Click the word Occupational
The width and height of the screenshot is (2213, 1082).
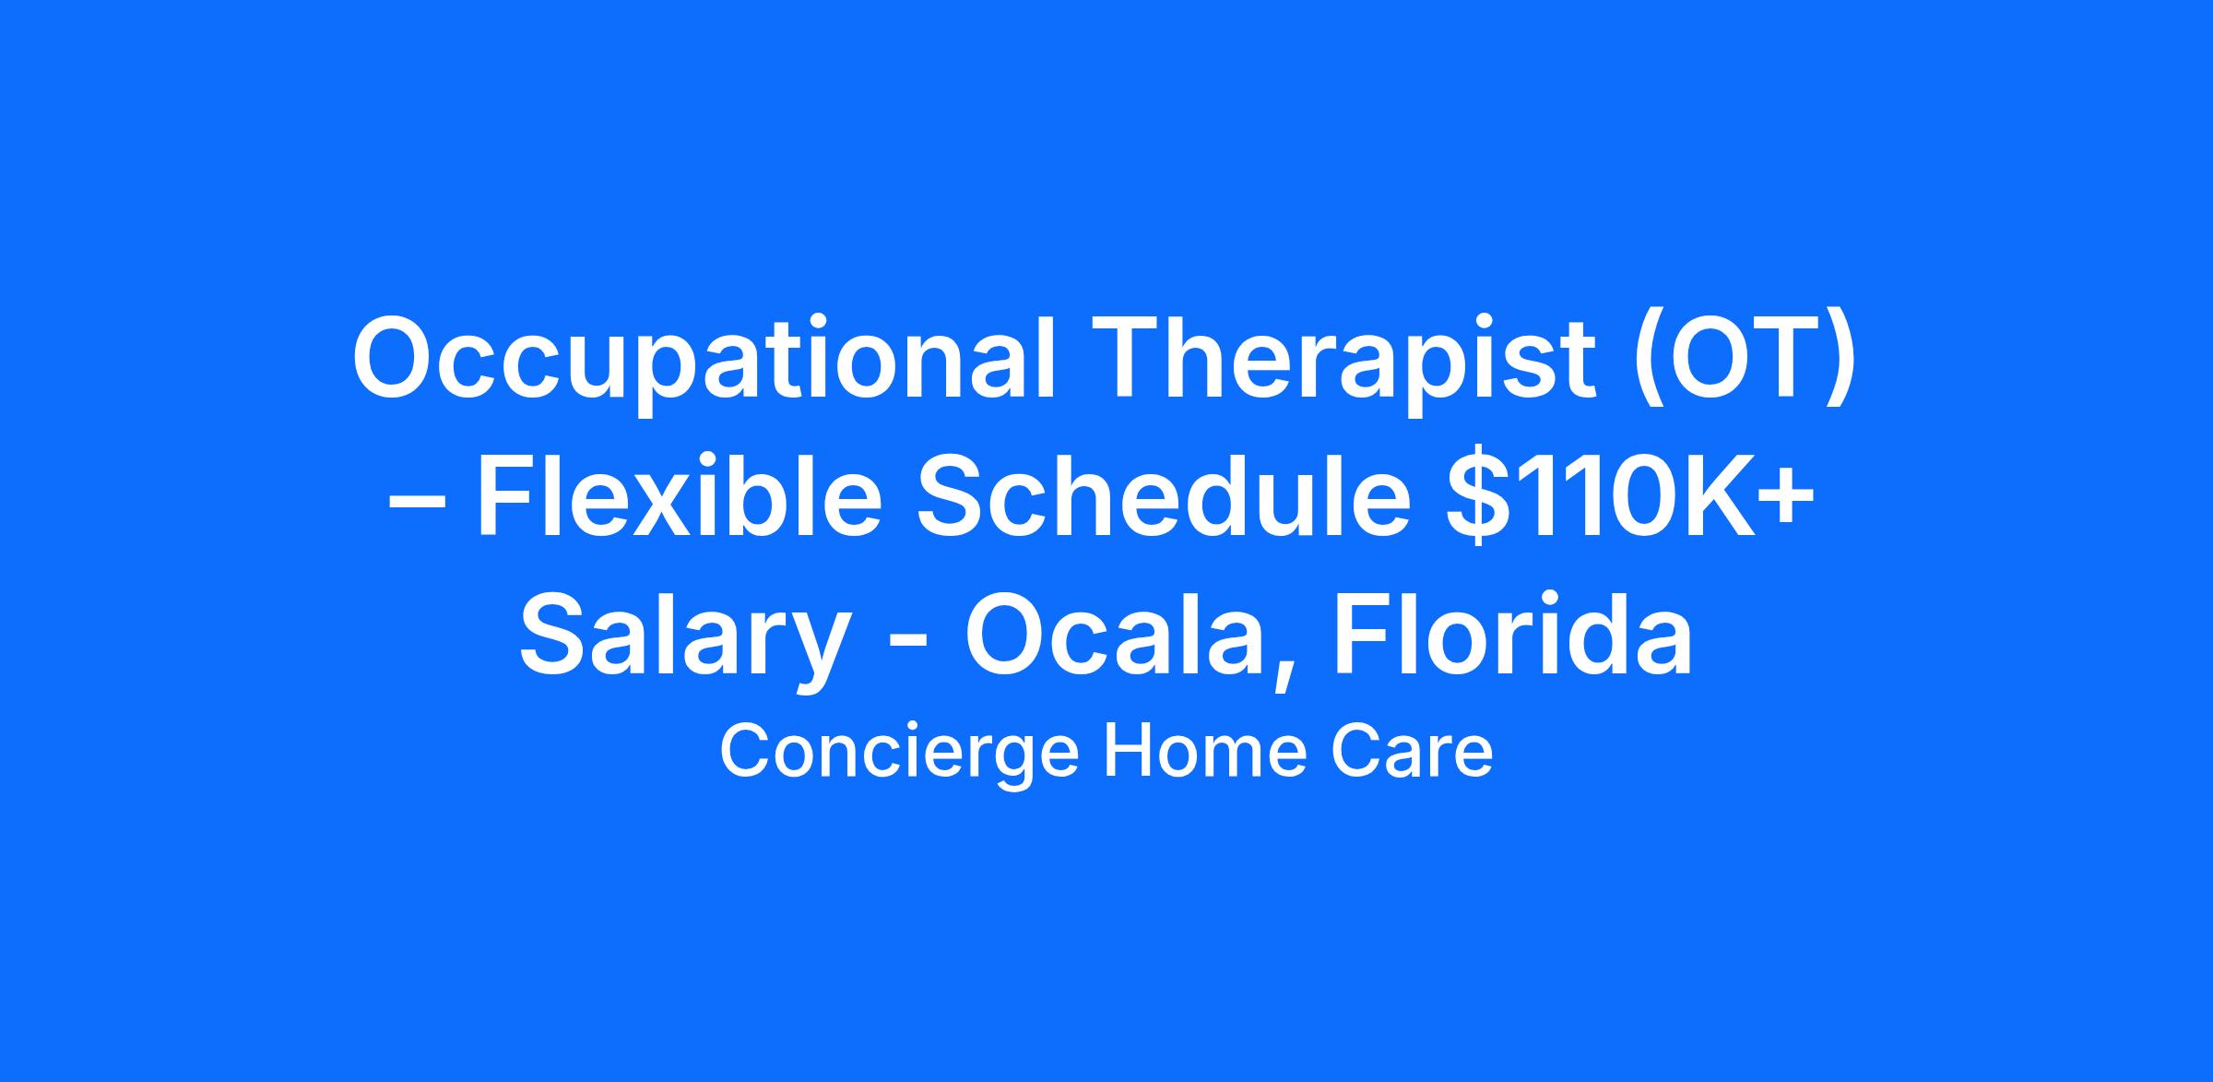[704, 363]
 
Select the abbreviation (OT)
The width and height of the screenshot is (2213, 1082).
[1745, 363]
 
